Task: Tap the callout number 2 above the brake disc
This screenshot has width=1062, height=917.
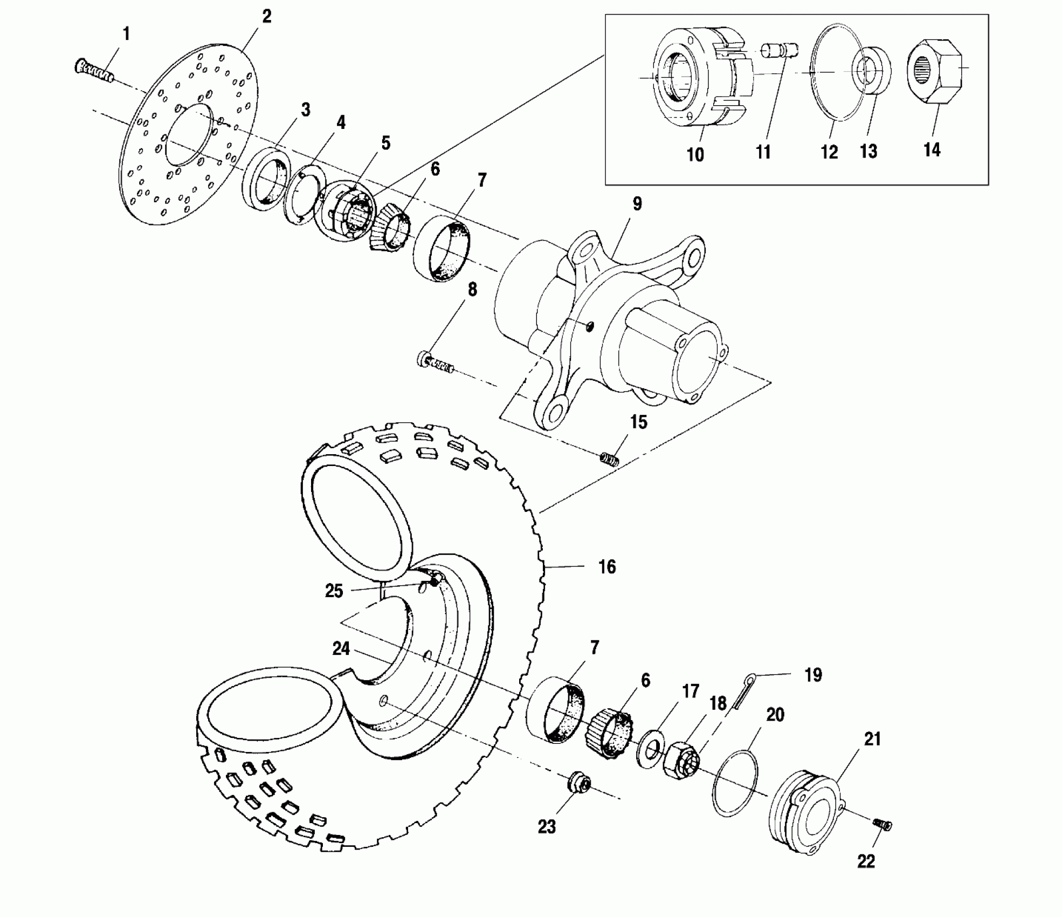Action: click(x=266, y=17)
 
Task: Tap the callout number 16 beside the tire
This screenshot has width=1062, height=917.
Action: click(x=607, y=567)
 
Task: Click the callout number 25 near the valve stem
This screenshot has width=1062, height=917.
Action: click(x=334, y=591)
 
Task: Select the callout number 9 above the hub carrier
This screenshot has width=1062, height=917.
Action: click(x=637, y=204)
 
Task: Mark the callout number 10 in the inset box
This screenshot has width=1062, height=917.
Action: click(x=695, y=155)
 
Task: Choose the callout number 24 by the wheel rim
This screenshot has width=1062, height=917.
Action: click(x=341, y=648)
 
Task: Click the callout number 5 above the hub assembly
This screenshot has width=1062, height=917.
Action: click(x=385, y=143)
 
